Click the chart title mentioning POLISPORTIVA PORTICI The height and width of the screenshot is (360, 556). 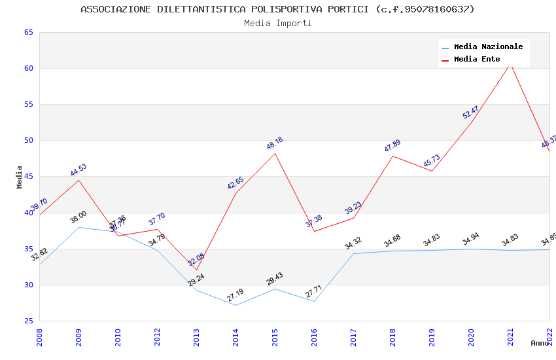point(277,9)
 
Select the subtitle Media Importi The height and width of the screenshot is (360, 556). point(277,23)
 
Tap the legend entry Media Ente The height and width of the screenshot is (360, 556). point(477,59)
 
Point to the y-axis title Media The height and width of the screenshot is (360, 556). point(20,177)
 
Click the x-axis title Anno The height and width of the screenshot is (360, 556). point(539,343)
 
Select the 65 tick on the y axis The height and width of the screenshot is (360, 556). point(28,32)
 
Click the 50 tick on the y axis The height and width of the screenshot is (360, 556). point(28,140)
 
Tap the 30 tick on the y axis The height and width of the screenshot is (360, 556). point(28,285)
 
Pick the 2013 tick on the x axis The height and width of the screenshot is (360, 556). point(196,336)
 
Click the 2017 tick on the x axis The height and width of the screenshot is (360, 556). point(353,336)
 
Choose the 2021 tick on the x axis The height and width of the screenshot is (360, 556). point(510,336)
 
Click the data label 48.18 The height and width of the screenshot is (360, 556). point(275,143)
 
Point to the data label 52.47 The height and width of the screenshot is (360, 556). point(471,112)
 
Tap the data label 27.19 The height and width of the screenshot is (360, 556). point(235,295)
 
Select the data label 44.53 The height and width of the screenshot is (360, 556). point(78,170)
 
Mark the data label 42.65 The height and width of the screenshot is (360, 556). point(235,183)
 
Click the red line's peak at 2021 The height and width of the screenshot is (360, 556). point(510,64)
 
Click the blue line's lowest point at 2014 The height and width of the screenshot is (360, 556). point(235,305)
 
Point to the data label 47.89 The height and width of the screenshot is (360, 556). point(392,145)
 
